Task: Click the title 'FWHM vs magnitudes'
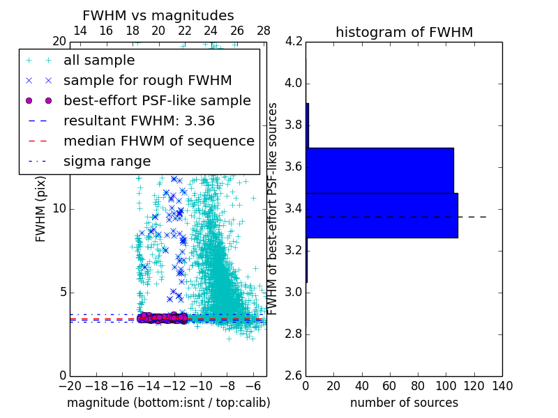(158, 15)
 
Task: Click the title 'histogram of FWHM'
(404, 32)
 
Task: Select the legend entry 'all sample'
(99, 60)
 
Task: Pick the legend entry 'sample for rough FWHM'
(147, 80)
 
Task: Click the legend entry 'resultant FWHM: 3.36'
(139, 121)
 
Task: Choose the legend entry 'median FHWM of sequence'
(158, 141)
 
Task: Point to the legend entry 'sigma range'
(107, 161)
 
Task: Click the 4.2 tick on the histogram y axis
(294, 42)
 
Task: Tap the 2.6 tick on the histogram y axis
(294, 376)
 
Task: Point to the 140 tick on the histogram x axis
(502, 385)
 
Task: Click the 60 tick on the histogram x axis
(390, 385)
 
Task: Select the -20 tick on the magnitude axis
(70, 385)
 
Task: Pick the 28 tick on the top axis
(264, 31)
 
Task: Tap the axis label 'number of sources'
(404, 403)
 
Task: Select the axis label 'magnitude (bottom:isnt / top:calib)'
(168, 403)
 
